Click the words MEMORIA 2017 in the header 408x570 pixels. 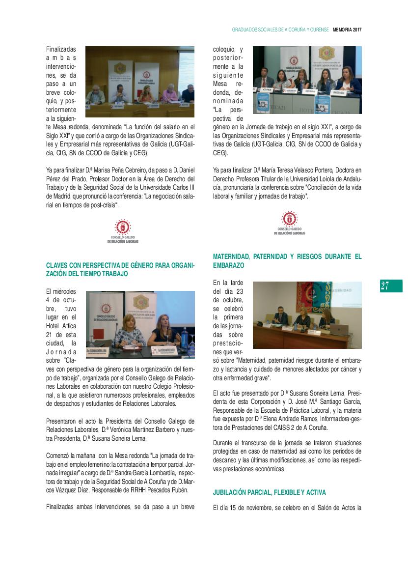(x=347, y=29)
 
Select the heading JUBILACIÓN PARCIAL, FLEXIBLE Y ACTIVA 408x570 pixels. (x=270, y=492)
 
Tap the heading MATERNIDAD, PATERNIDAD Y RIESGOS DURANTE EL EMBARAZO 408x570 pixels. (x=287, y=260)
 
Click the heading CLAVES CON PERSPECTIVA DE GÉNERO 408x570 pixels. (x=120, y=269)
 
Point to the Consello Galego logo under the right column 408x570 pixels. (x=289, y=224)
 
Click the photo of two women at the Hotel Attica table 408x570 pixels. (x=140, y=325)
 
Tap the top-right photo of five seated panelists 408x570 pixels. (x=307, y=80)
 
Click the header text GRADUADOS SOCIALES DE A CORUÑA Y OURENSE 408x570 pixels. (x=280, y=29)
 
